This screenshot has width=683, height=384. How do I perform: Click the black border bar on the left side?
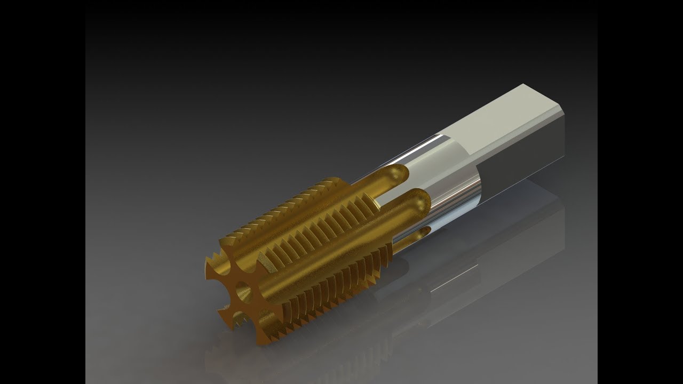pyautogui.click(x=43, y=192)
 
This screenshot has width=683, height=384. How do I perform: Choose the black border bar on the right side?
pyautogui.click(x=640, y=192)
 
